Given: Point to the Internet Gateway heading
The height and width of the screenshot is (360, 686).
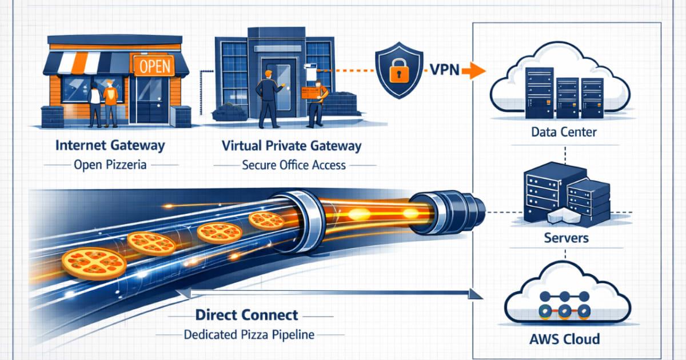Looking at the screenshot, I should click(x=110, y=145).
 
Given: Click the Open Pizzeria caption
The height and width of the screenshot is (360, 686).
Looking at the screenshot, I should click(x=110, y=165).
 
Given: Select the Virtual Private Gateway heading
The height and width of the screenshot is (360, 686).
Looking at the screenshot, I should click(x=292, y=145).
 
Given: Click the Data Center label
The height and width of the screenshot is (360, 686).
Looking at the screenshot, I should click(x=564, y=133).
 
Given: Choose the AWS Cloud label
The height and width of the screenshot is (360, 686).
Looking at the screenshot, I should click(x=564, y=338).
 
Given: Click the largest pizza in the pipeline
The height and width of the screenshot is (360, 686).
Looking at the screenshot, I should click(x=94, y=263).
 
